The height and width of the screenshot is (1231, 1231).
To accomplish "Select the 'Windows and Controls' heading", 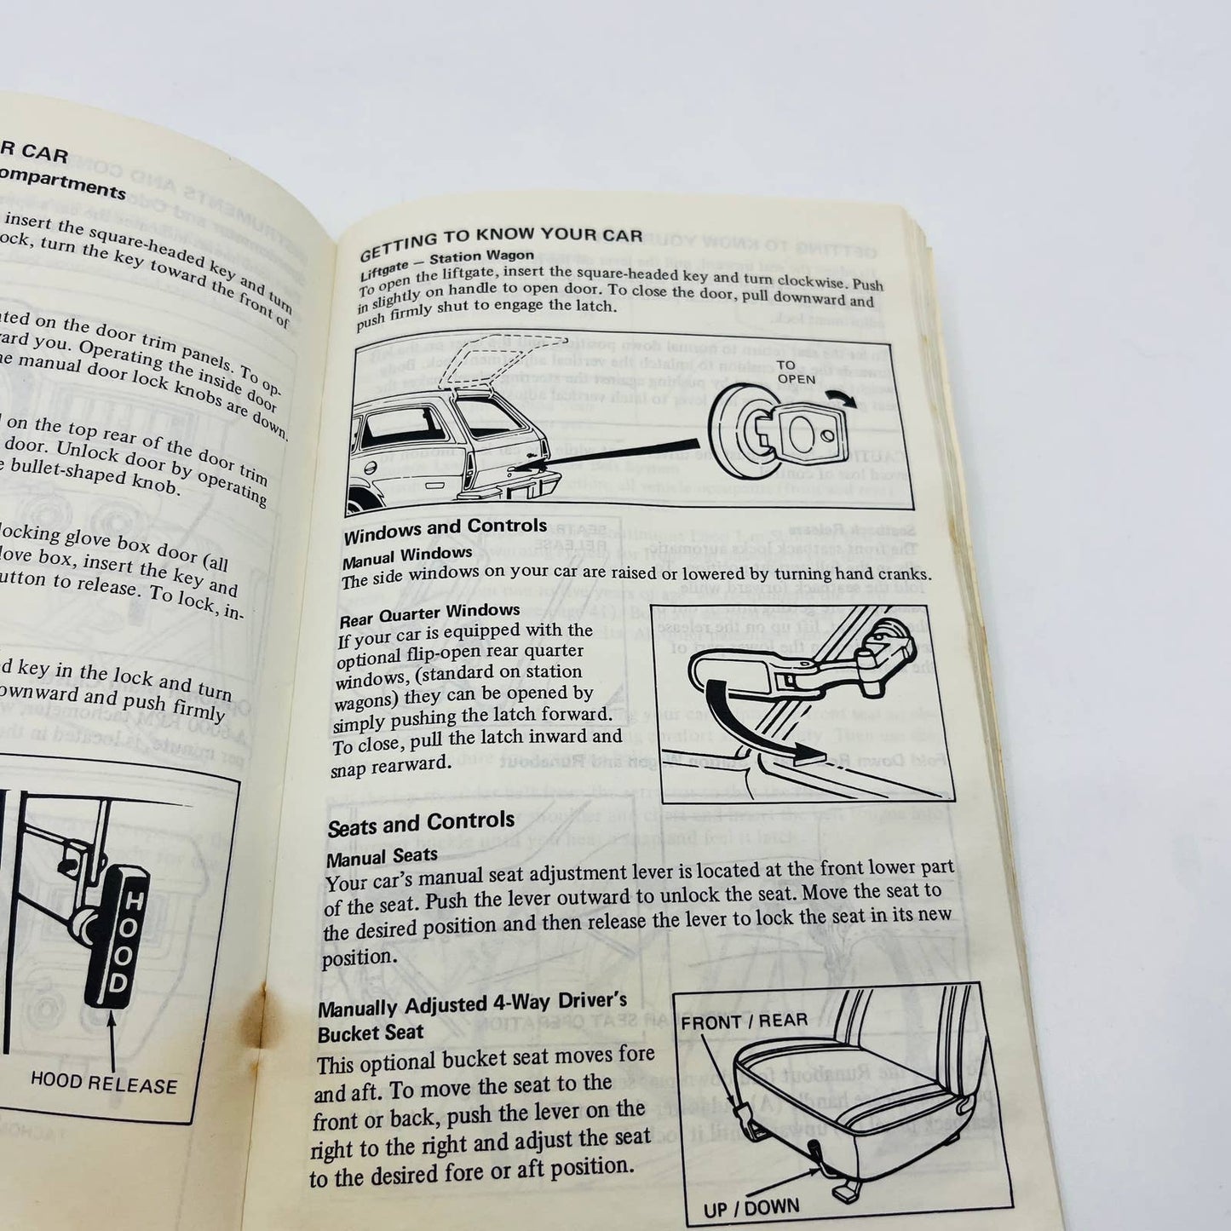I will click(x=445, y=531).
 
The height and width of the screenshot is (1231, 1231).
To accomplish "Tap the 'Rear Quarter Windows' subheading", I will click(x=429, y=613).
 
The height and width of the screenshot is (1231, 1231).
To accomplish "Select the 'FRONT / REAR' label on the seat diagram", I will click(x=744, y=1021).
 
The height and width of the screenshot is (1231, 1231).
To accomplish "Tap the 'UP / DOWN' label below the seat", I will click(x=751, y=1208).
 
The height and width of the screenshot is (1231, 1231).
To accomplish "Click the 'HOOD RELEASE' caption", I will click(x=104, y=1084).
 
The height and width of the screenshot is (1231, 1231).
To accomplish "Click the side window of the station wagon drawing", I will click(x=405, y=430).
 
